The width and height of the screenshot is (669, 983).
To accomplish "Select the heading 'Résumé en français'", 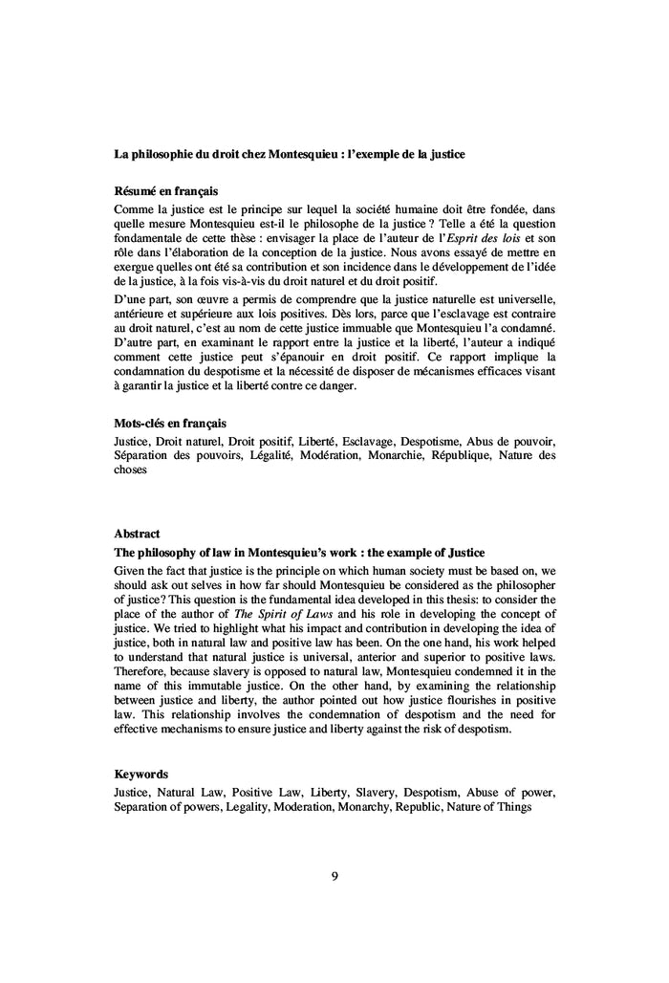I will [x=165, y=191].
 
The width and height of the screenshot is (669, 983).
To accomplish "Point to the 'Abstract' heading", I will [x=137, y=533].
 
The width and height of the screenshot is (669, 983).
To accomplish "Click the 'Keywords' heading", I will [x=141, y=774].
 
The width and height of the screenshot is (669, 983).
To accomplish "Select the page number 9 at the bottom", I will [x=334, y=876].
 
